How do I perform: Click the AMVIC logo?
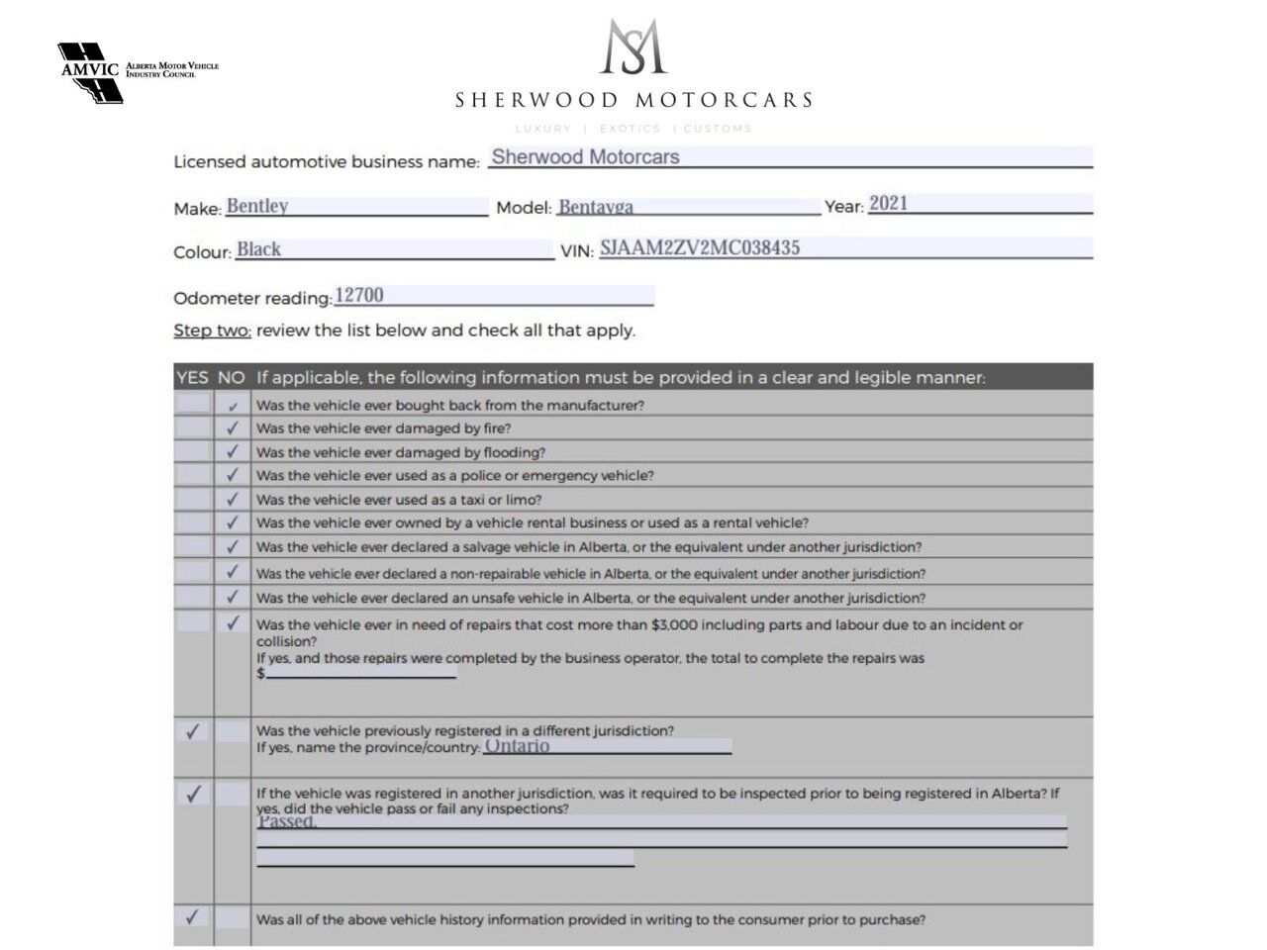tap(91, 72)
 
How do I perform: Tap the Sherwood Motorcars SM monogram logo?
tap(633, 47)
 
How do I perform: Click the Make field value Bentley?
tap(257, 206)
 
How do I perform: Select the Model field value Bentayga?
tap(595, 207)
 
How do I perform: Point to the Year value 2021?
tap(888, 204)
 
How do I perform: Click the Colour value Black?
tap(258, 249)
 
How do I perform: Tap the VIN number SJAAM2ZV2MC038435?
tap(700, 248)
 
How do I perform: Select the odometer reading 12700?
tap(359, 295)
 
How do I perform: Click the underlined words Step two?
tap(212, 331)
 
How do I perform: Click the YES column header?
tap(192, 377)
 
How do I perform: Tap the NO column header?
tap(231, 377)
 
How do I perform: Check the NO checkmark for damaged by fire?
tap(233, 428)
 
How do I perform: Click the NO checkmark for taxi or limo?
tap(233, 500)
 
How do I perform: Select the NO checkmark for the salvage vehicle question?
tap(233, 546)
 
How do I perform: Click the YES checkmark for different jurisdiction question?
tap(192, 731)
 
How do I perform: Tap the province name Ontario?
tap(517, 746)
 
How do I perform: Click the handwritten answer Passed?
tap(287, 821)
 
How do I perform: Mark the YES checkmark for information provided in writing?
tap(192, 916)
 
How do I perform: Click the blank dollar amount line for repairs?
tap(361, 673)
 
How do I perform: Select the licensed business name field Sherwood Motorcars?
tap(586, 156)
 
